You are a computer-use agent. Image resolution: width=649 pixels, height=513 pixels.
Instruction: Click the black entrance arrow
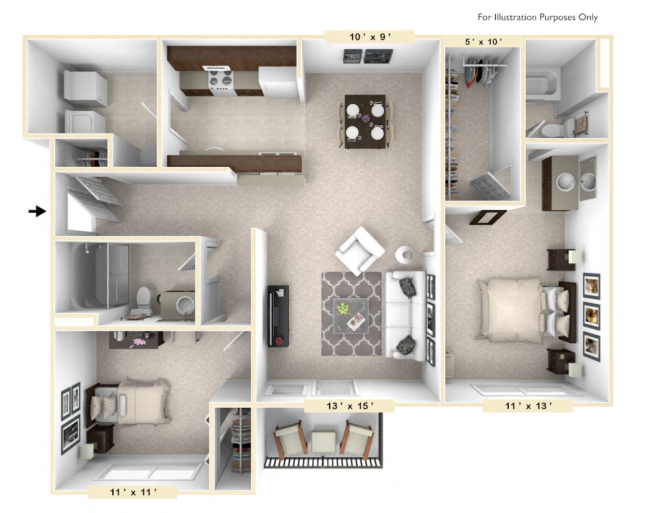tap(38, 211)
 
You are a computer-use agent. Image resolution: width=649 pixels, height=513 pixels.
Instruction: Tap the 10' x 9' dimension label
tap(371, 37)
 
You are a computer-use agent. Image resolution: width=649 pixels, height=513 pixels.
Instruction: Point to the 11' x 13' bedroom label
tap(528, 407)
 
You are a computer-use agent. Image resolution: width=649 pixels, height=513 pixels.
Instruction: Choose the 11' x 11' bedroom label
tap(133, 492)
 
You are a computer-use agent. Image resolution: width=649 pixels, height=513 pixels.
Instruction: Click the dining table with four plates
tap(365, 121)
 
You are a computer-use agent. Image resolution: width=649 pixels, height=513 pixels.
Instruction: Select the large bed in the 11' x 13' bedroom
tap(516, 311)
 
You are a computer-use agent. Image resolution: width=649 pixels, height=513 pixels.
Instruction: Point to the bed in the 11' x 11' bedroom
tap(133, 403)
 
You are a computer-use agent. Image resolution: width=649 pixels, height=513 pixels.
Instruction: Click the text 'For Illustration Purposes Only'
tap(537, 18)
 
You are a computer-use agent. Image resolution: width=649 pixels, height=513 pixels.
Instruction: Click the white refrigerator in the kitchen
tap(278, 81)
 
